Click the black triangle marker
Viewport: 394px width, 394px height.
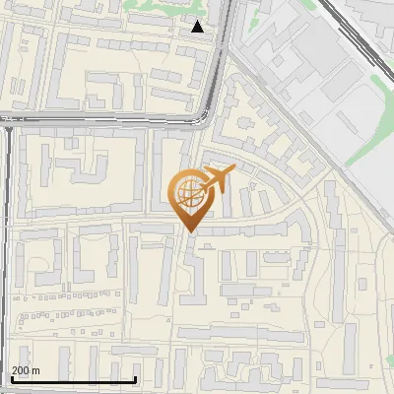198,27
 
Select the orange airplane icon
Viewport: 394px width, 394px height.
217,179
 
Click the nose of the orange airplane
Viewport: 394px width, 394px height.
232,170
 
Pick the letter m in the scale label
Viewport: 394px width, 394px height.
36,369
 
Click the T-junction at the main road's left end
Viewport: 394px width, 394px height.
9,123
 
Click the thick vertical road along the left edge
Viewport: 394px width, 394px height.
9,246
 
